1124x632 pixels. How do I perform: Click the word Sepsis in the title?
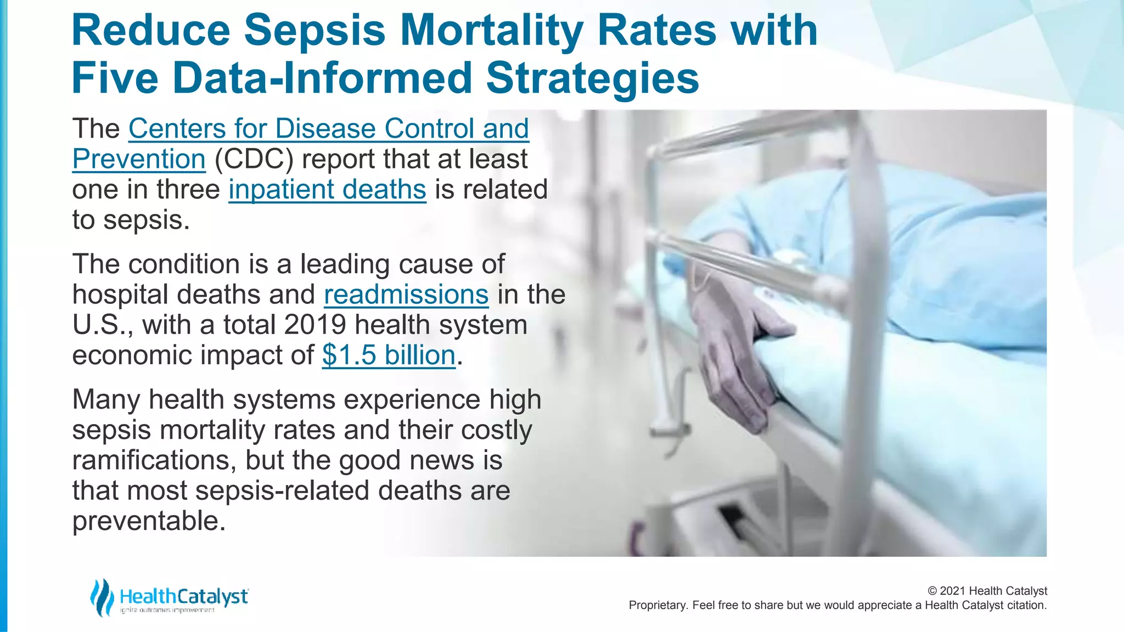point(314,31)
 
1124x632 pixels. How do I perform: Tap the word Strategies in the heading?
point(592,78)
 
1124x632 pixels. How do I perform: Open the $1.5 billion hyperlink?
point(389,355)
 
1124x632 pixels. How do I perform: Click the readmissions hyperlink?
point(406,295)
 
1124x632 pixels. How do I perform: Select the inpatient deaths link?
point(327,190)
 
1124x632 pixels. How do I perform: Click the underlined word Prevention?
point(139,159)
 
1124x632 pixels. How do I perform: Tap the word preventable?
point(149,521)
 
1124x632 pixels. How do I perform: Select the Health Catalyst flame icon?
point(102,597)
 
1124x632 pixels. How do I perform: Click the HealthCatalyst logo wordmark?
point(184,596)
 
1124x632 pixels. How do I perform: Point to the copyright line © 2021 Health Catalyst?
point(987,591)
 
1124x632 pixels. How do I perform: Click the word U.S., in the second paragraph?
point(103,325)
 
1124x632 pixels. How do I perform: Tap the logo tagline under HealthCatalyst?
point(167,611)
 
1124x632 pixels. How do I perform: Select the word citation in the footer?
point(1025,606)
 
